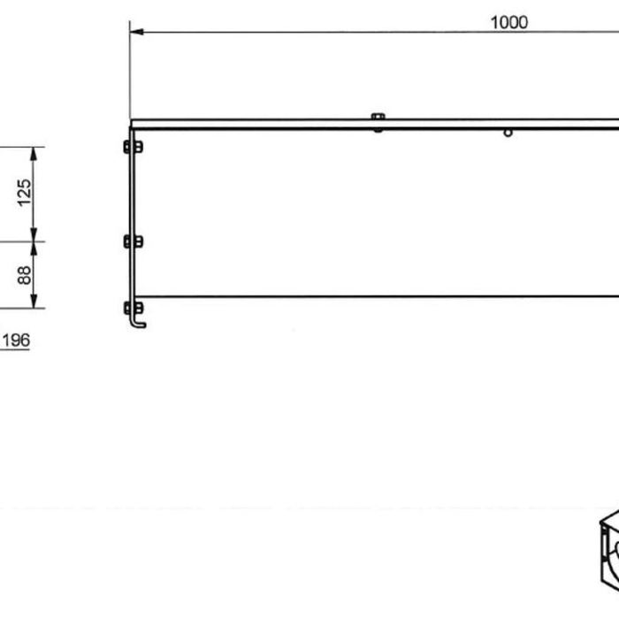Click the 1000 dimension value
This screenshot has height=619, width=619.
pyautogui.click(x=508, y=22)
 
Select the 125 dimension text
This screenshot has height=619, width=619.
pyautogui.click(x=25, y=193)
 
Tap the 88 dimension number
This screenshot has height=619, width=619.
pyautogui.click(x=25, y=275)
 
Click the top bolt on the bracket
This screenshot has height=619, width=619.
pyautogui.click(x=133, y=146)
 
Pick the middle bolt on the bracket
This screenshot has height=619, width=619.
pyautogui.click(x=133, y=241)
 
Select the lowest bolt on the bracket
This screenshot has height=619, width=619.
pyautogui.click(x=133, y=308)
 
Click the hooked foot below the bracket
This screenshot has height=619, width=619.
pyautogui.click(x=138, y=323)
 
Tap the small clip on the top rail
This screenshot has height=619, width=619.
pyautogui.click(x=378, y=119)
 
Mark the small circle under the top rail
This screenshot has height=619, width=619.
pyautogui.click(x=508, y=133)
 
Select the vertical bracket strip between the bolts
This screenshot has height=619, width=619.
pyautogui.click(x=132, y=195)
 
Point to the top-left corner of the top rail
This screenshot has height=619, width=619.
pyautogui.click(x=131, y=121)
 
